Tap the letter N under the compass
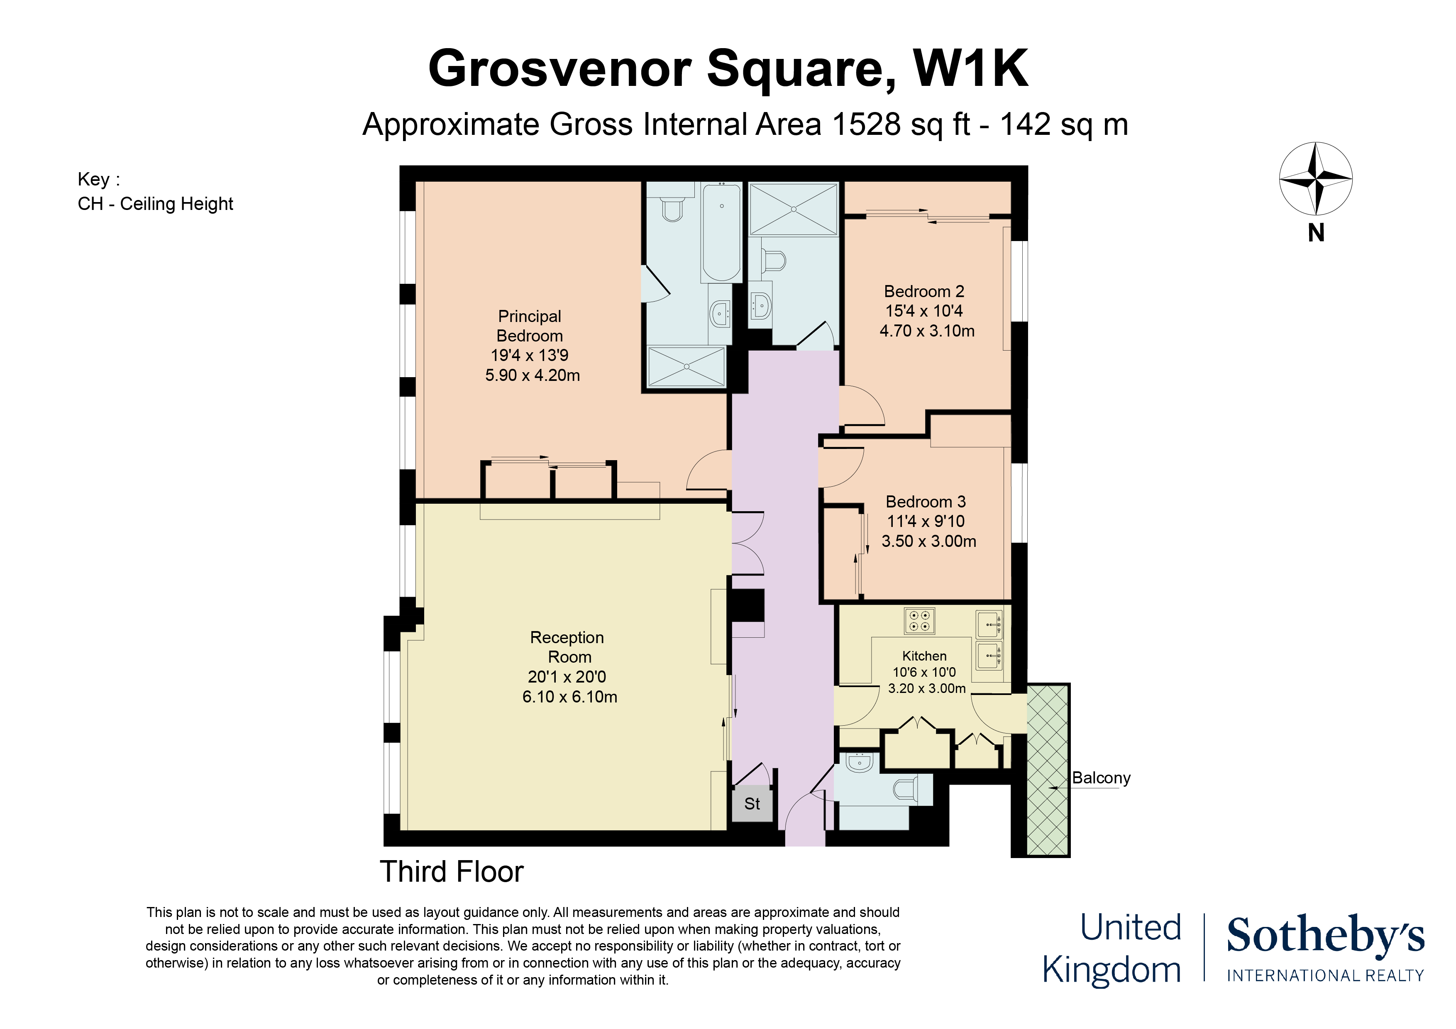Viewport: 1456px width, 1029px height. [x=1316, y=233]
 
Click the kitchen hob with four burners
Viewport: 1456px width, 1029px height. [x=919, y=621]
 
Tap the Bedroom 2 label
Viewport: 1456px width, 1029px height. [x=924, y=292]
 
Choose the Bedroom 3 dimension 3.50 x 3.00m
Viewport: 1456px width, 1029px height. [x=929, y=541]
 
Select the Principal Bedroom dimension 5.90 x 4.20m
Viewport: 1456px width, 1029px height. [x=533, y=376]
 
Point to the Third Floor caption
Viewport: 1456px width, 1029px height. [x=452, y=872]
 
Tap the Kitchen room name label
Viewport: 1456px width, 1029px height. [x=925, y=656]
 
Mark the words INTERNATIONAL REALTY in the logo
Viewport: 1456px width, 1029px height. [x=1325, y=976]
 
